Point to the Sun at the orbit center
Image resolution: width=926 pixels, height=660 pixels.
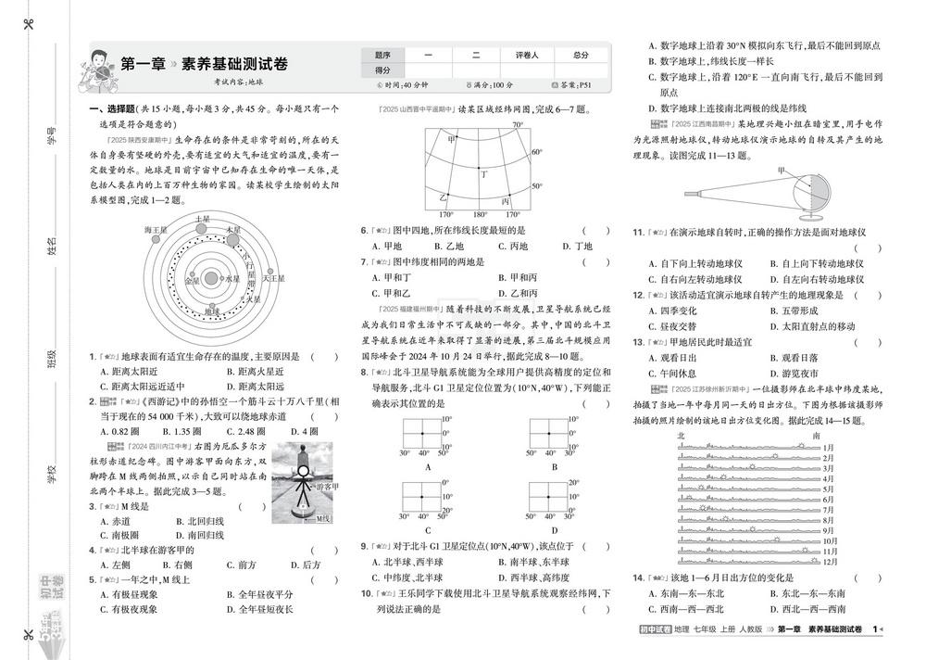(211, 277)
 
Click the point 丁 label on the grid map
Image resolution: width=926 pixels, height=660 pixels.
(482, 172)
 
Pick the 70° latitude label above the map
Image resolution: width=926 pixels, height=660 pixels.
(518, 125)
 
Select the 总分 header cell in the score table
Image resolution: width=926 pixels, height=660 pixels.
(581, 56)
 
